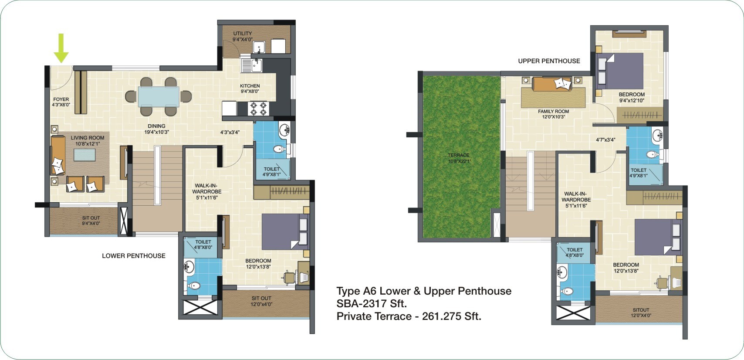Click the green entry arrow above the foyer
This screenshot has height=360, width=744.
61,48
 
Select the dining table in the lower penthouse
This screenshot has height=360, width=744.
159,96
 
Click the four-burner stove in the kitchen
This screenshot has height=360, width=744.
258,108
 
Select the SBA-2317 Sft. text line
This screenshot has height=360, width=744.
372,304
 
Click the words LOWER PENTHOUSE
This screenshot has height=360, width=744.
133,256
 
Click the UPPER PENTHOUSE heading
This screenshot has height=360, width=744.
549,61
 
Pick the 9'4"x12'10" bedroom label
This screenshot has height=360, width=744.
632,97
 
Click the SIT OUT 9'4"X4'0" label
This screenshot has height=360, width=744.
91,221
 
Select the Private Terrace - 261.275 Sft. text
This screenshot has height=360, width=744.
409,316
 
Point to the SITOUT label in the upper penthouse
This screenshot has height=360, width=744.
641,312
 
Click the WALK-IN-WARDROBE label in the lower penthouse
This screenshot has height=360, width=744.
207,191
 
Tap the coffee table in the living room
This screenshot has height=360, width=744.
85,155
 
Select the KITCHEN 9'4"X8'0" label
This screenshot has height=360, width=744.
250,88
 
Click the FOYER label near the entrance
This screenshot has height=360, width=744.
61,102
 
